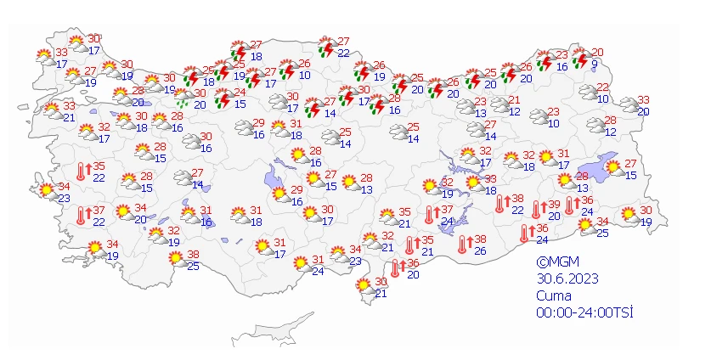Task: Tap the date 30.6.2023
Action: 562,279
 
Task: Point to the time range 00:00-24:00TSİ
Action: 584,312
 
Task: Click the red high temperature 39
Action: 554,205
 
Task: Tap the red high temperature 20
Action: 597,53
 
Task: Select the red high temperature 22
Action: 602,87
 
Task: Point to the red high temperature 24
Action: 240,93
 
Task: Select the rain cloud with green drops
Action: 180,98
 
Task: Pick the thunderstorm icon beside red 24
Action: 223,98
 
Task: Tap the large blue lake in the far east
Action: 608,166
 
